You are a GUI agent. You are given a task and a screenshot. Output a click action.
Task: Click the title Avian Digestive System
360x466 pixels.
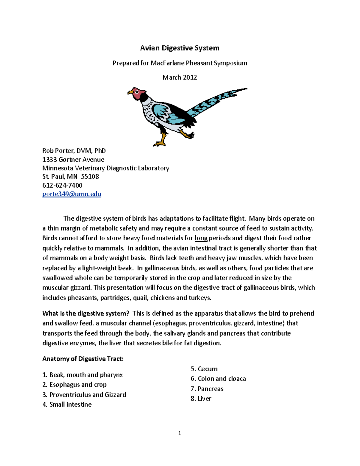tap(180, 48)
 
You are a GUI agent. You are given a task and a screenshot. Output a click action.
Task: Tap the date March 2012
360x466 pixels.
tap(180, 77)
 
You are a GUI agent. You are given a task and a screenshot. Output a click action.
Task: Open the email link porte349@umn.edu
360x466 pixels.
tap(72, 194)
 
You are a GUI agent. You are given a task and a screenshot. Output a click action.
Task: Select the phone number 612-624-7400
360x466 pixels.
tap(62, 185)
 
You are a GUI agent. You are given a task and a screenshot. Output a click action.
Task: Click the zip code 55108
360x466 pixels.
tap(90, 176)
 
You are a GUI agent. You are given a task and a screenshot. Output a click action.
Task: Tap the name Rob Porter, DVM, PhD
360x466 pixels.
tap(74, 151)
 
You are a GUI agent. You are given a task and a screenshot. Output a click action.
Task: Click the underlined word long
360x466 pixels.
tap(201, 238)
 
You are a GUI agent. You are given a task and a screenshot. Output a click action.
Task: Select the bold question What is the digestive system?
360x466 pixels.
tap(86, 314)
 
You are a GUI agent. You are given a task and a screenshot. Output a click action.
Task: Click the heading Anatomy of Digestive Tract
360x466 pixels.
tap(83, 359)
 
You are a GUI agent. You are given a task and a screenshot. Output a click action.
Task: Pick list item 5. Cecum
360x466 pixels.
tap(204, 369)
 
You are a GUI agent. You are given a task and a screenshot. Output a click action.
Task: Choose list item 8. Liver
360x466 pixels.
tap(201, 398)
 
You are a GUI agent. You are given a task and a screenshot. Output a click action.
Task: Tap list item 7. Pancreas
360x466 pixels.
tap(207, 389)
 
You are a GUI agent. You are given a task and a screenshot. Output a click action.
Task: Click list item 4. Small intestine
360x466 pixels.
tap(67, 404)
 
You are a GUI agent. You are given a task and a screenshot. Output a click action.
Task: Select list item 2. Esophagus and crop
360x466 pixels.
tap(74, 385)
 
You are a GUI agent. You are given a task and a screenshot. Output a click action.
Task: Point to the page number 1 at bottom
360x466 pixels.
tap(179, 433)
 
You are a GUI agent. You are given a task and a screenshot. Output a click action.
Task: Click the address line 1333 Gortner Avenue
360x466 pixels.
tap(73, 160)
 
